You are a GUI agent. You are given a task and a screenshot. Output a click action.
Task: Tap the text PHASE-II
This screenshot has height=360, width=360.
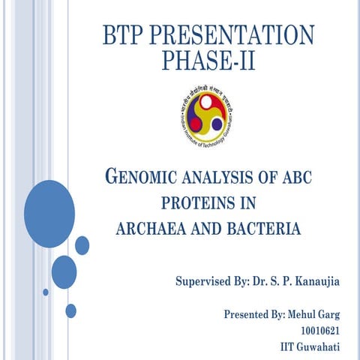pyautogui.click(x=208, y=60)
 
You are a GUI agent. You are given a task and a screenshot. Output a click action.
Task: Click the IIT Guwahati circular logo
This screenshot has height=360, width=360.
pyautogui.click(x=208, y=113)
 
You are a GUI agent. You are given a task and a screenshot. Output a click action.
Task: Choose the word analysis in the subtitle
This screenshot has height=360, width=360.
pyautogui.click(x=220, y=178)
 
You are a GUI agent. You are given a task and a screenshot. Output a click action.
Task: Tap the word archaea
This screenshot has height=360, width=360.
pyautogui.click(x=150, y=228)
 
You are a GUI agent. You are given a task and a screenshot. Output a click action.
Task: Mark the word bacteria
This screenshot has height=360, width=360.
pyautogui.click(x=259, y=228)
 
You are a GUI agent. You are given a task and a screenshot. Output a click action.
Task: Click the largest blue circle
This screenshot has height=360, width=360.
pyautogui.click(x=49, y=214)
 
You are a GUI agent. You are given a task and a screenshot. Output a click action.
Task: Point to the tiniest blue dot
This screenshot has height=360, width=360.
pyautogui.click(x=46, y=292)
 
